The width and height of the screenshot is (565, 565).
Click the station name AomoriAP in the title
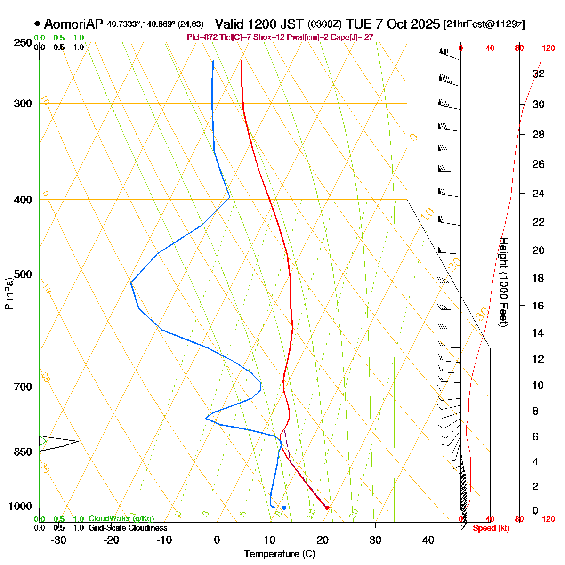tap(73, 24)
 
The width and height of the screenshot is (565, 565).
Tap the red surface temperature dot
tap(327, 507)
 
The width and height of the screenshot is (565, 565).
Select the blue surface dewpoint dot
tap(283, 508)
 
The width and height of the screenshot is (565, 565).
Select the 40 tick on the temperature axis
tap(428, 540)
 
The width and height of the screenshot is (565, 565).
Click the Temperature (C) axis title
tap(279, 554)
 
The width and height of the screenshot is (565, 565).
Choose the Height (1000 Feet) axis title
tap(503, 282)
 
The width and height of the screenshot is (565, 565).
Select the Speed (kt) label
tap(491, 528)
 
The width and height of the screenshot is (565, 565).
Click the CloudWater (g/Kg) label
tap(121, 519)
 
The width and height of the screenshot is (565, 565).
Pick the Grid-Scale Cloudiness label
tap(128, 528)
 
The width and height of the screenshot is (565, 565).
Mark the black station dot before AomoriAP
tap(37, 24)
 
